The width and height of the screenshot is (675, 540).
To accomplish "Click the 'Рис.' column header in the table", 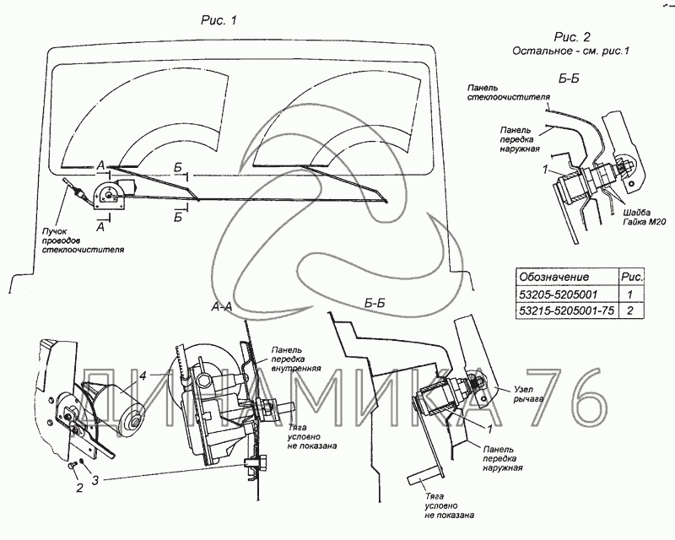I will pyautogui.click(x=630, y=277).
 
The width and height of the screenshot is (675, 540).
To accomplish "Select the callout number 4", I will pyautogui.click(x=145, y=377).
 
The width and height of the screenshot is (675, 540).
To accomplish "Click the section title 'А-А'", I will pyautogui.click(x=220, y=309).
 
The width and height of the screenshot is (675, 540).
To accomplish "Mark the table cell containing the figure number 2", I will pyautogui.click(x=630, y=311).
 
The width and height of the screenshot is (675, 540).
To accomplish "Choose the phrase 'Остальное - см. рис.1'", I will pyautogui.click(x=571, y=51).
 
